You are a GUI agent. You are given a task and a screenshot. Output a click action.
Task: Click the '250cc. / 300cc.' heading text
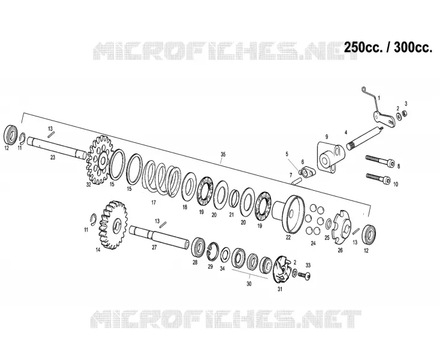pyautogui.click(x=388, y=47)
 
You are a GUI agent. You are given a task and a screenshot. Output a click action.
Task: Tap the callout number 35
pyautogui.click(x=223, y=154)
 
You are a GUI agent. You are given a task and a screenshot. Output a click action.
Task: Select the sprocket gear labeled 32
pyautogui.click(x=100, y=160)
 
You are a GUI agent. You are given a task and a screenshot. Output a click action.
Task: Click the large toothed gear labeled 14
pyautogui.click(x=113, y=225)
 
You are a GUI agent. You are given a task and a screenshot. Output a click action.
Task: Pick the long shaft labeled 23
pyautogui.click(x=57, y=147)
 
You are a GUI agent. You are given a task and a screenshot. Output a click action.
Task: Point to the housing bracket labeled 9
pyautogui.click(x=330, y=158)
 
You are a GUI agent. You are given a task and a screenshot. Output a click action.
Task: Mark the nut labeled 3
pyautogui.click(x=405, y=113)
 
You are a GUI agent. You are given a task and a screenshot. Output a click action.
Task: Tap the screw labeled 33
pyautogui.click(x=304, y=275)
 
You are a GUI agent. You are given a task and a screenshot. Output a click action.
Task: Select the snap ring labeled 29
pyautogui.click(x=212, y=250)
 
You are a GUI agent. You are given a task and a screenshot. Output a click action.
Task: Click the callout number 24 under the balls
pyautogui.click(x=313, y=243)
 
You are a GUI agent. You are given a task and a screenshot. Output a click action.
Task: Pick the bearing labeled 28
pyautogui.click(x=198, y=247)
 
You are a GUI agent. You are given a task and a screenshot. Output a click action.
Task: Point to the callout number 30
pyautogui.click(x=249, y=284)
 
